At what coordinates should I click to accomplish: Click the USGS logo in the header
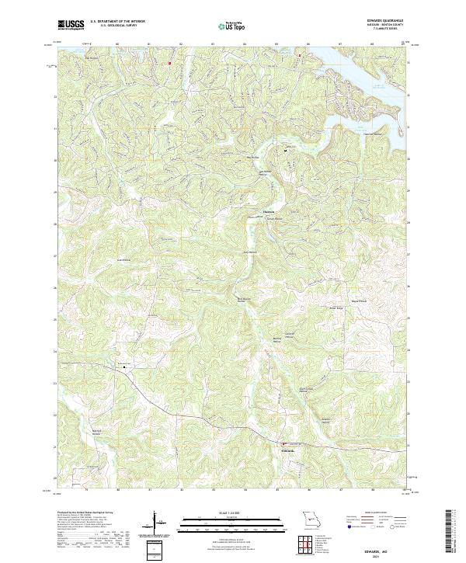point(71,26)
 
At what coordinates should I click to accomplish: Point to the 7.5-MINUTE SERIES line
point(392,30)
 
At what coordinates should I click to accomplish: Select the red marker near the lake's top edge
point(300,55)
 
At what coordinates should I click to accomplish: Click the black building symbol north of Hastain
point(284,151)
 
